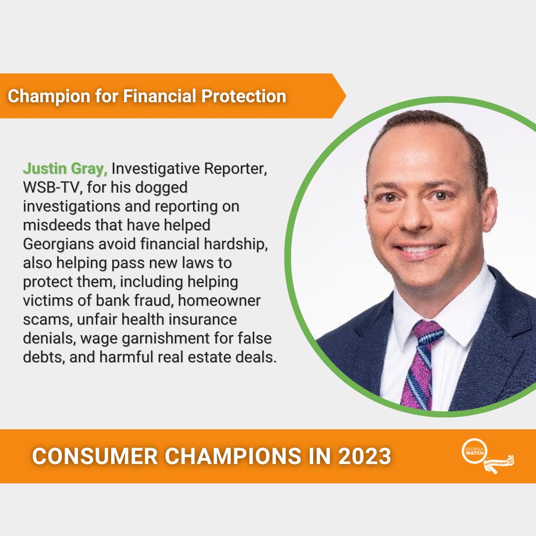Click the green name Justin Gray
(65, 169)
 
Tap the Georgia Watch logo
(486, 456)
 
